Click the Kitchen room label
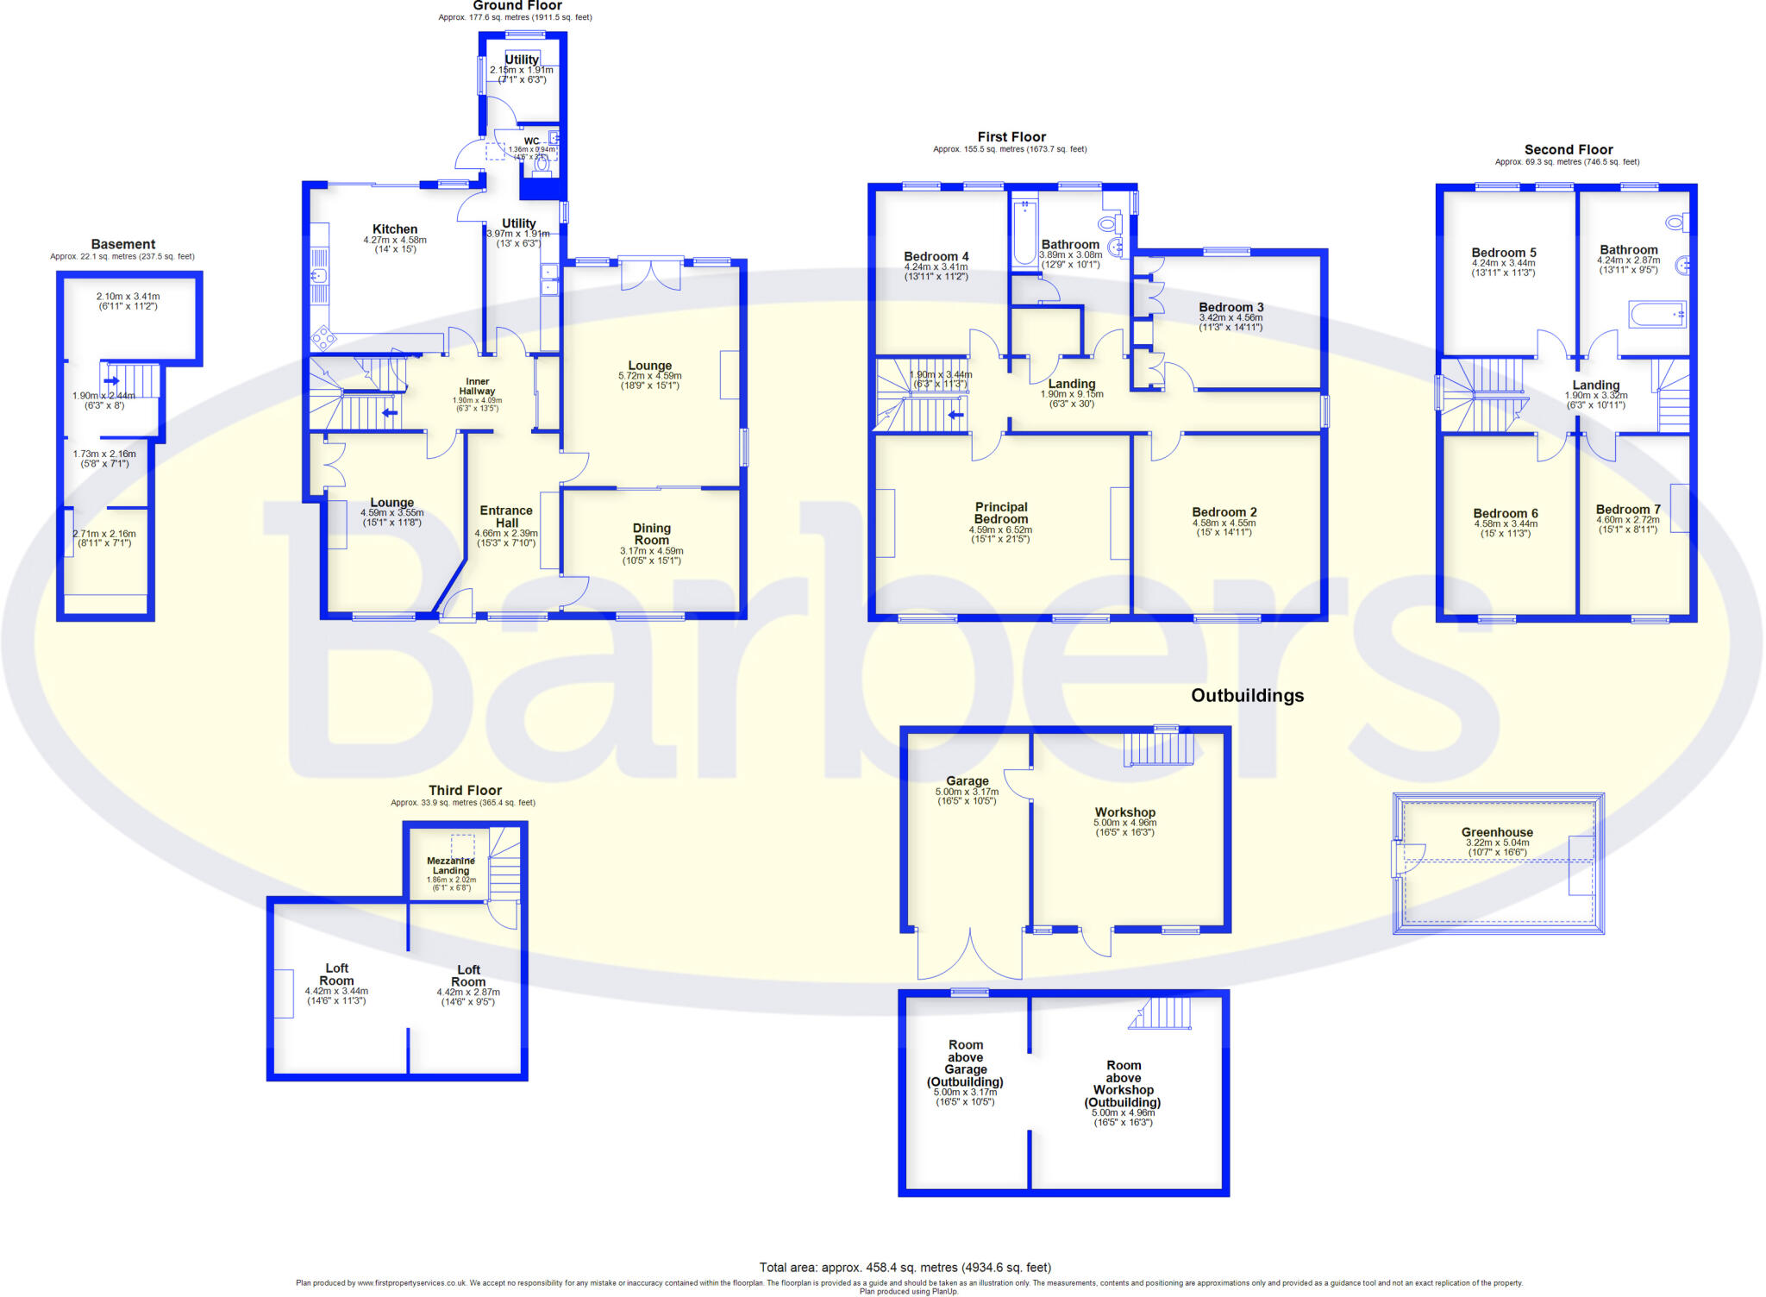point(395,229)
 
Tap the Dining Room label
point(652,534)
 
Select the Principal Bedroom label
point(1001,513)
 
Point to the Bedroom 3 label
point(1231,307)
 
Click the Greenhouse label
point(1497,832)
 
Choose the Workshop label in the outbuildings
point(1124,812)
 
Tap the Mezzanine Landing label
point(451,866)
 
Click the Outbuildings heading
point(1247,696)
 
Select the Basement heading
point(123,244)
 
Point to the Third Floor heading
point(465,790)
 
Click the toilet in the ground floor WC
point(542,163)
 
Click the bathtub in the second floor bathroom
point(1656,315)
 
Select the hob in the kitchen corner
point(323,336)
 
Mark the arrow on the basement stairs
point(111,380)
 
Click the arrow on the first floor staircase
point(955,415)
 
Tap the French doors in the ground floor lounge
point(652,273)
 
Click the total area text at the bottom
point(905,1268)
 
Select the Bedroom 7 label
point(1627,510)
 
